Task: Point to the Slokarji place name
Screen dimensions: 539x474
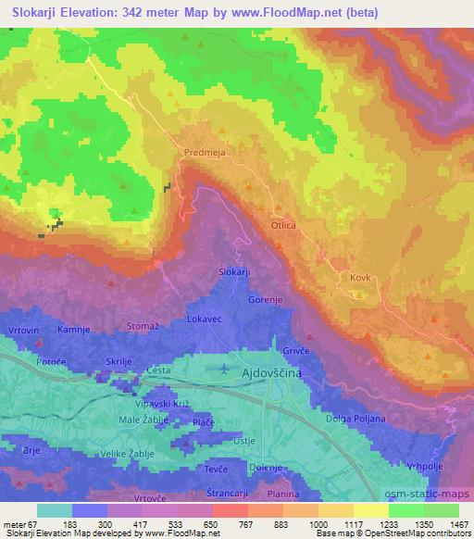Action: point(234,270)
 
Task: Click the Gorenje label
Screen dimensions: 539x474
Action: point(266,301)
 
